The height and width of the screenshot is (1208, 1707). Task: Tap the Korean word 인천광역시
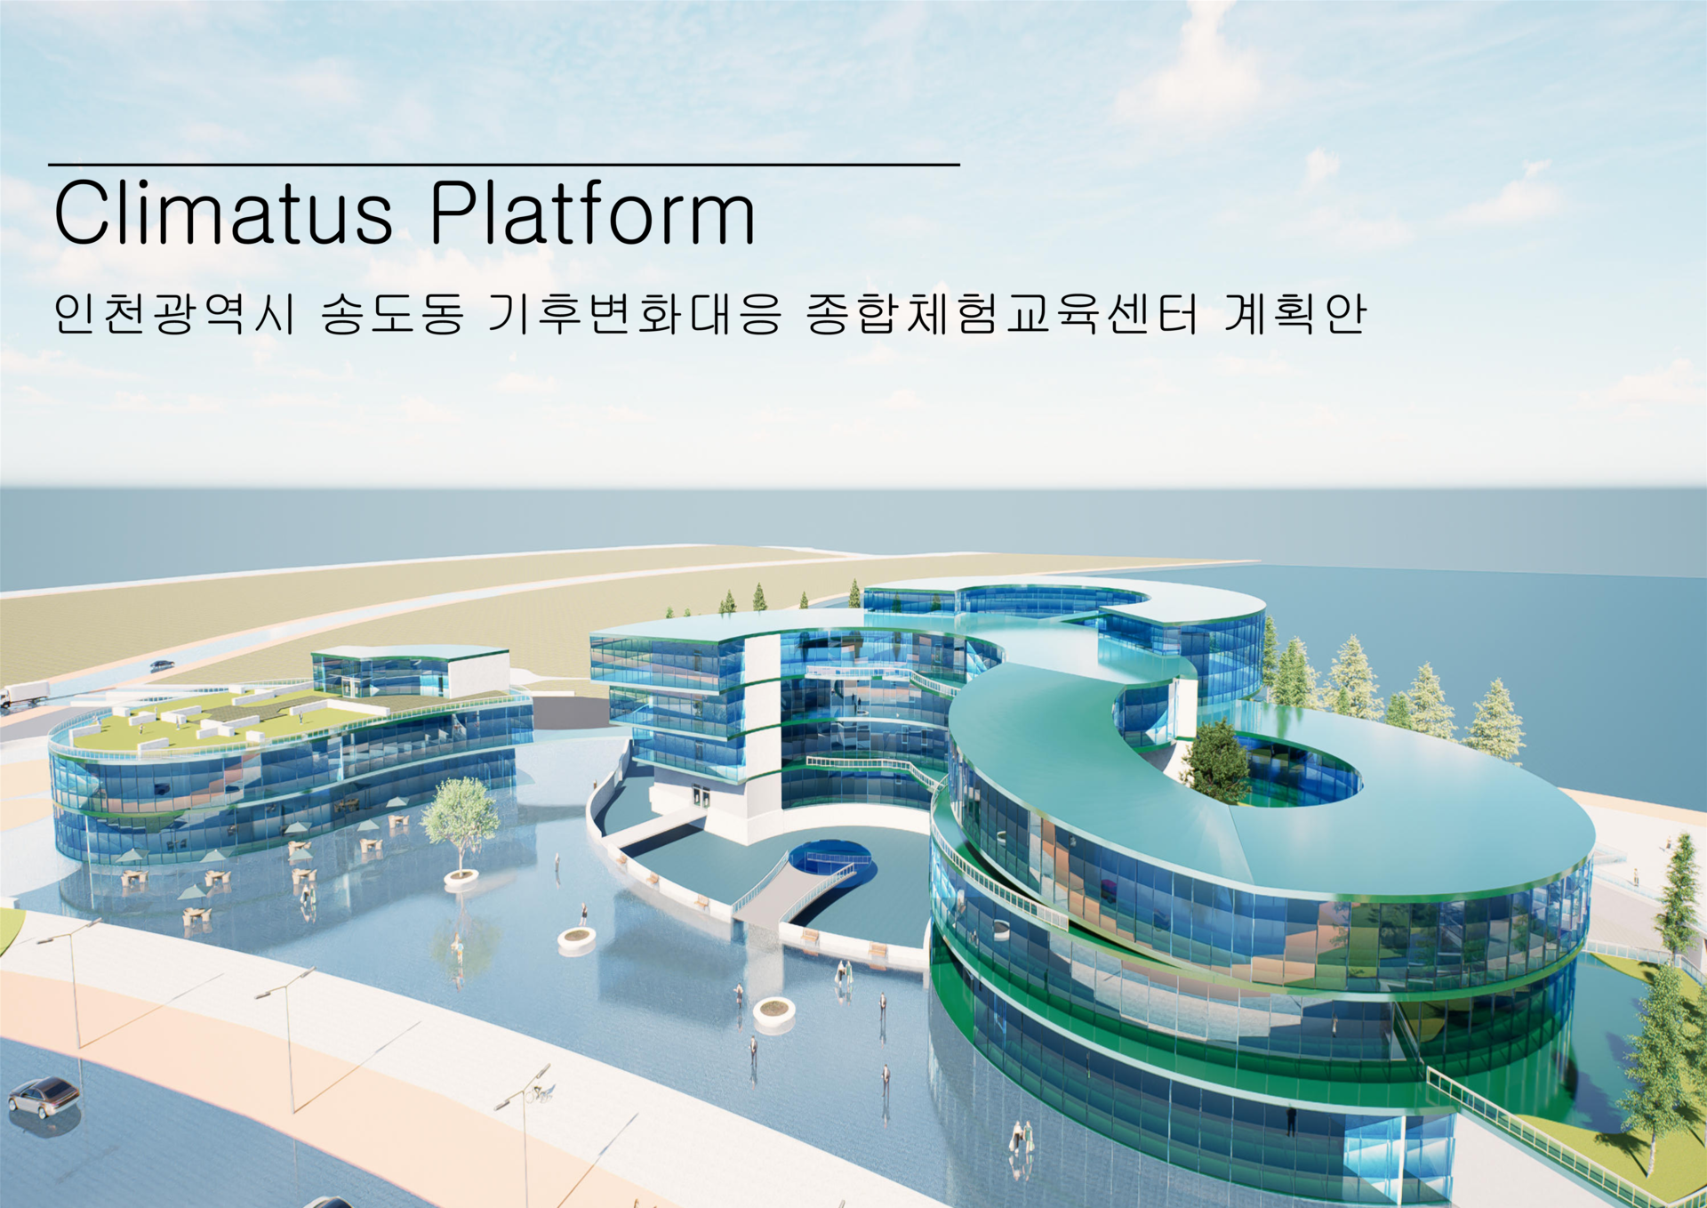pos(174,313)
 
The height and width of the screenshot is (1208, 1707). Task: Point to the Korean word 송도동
pos(392,313)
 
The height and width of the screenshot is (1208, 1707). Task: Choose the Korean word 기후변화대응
pos(635,313)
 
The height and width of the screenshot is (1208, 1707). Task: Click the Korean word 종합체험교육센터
pos(1002,313)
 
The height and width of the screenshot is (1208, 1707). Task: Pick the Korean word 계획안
pos(1294,313)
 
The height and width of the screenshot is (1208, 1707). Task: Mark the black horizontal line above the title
pos(504,165)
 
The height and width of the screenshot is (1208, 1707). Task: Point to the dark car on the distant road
pos(162,664)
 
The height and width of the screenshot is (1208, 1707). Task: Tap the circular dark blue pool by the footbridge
pos(830,859)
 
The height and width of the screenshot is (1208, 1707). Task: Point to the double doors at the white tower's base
pos(701,796)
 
